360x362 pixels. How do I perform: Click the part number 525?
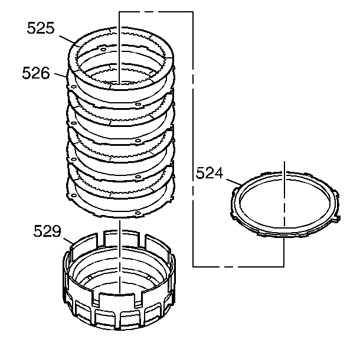[41, 28]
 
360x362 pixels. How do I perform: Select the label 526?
[36, 73]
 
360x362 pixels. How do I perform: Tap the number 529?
[47, 231]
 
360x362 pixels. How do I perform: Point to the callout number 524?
[210, 173]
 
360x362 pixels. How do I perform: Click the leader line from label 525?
[67, 40]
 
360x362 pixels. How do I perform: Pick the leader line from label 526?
[61, 75]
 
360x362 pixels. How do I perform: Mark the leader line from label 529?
[68, 242]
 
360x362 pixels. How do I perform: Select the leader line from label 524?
[234, 182]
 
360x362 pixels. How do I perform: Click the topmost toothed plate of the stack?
[121, 58]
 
